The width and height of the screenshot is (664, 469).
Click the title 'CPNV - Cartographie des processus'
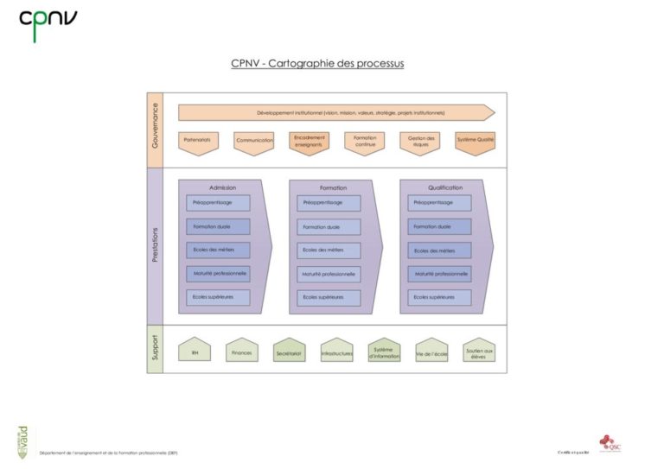click(317, 63)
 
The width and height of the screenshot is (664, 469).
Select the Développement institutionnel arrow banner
click(336, 112)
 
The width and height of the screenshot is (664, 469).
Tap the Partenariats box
click(198, 141)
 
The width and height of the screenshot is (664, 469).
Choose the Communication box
click(254, 142)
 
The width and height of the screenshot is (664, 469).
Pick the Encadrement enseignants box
click(309, 142)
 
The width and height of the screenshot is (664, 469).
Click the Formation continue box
click(364, 142)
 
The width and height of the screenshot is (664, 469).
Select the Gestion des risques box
click(419, 142)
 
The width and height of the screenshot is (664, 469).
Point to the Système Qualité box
click(475, 141)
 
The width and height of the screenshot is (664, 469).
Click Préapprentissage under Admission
click(218, 203)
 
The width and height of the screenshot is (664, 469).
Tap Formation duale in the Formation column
click(329, 227)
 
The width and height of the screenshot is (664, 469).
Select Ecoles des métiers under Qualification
click(439, 250)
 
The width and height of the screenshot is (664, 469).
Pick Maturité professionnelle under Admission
click(218, 274)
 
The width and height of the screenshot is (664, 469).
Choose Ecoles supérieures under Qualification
click(439, 298)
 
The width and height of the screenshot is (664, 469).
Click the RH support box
click(195, 352)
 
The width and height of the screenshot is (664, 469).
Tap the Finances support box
click(242, 352)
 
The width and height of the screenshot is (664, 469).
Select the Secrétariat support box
click(290, 352)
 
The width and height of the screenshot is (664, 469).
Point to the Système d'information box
click(384, 352)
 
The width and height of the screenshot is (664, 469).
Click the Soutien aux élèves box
click(479, 352)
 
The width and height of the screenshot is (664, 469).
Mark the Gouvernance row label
click(155, 130)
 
